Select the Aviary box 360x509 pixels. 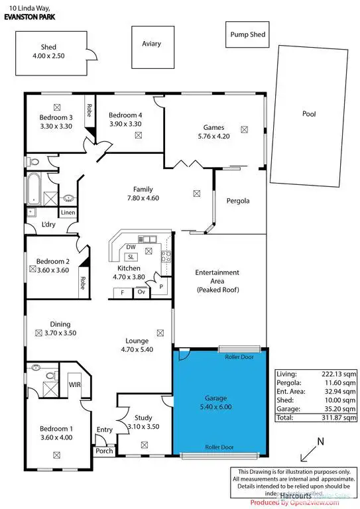(151, 44)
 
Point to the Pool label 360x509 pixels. (309, 114)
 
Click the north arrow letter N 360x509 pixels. (320, 442)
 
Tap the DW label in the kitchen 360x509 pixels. (131, 247)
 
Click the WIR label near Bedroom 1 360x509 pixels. (75, 384)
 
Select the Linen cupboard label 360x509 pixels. (68, 213)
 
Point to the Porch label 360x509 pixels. (104, 451)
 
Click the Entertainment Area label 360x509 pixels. (217, 282)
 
